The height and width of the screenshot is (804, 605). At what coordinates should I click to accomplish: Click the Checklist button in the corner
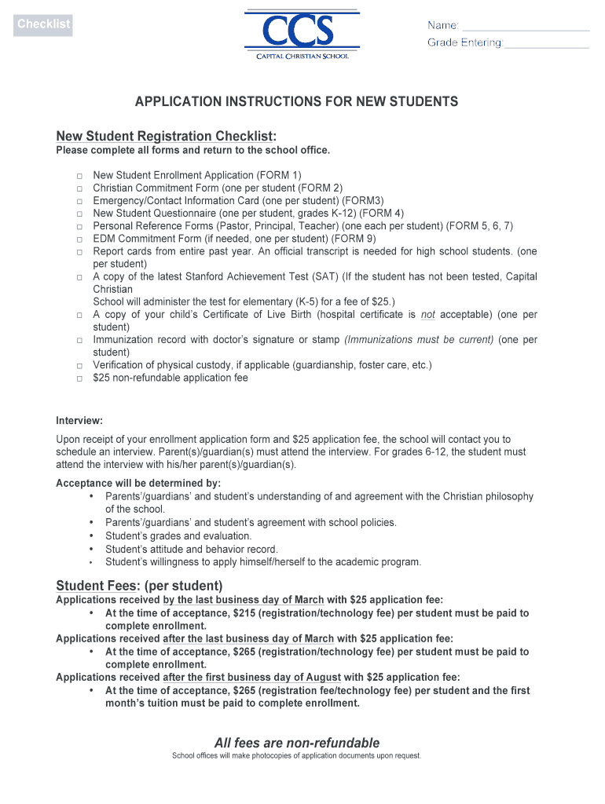coord(44,24)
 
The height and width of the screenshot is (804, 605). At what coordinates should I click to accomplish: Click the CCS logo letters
coord(302,33)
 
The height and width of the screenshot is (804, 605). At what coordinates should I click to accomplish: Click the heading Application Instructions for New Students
coord(296,102)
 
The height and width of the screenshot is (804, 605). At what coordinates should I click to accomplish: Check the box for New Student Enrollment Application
coord(80,176)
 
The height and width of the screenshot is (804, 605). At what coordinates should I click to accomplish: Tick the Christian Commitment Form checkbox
coord(80,188)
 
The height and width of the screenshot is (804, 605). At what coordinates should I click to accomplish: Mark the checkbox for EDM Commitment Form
coord(80,239)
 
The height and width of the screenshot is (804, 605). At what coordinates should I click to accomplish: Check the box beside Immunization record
coord(80,340)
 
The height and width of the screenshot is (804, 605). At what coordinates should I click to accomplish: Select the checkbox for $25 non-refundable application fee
coord(80,378)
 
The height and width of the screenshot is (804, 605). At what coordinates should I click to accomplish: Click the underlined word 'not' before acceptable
coord(427,315)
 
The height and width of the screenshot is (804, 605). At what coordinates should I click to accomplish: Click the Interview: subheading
coord(79,421)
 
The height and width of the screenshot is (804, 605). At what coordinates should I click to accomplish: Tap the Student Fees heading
coord(139,586)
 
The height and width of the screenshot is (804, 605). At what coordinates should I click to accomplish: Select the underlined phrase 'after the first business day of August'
coord(251,677)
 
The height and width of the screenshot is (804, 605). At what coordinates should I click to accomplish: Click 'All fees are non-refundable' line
coord(297,743)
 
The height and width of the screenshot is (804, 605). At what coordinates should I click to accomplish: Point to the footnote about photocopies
coord(297,756)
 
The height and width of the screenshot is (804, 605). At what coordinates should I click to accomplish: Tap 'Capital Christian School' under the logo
coord(302,57)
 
